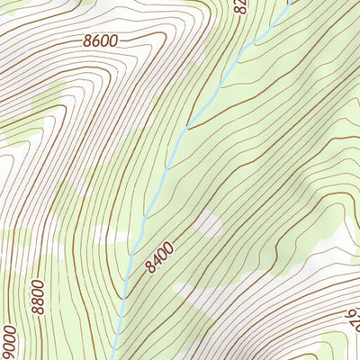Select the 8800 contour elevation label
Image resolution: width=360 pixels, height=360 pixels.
pyautogui.click(x=40, y=295)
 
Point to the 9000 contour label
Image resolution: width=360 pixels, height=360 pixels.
pyautogui.click(x=9, y=340)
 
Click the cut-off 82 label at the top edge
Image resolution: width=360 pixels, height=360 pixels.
pyautogui.click(x=240, y=7)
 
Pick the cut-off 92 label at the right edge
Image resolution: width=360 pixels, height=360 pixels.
pyautogui.click(x=352, y=315)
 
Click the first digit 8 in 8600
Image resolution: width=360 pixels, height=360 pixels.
pyautogui.click(x=86, y=40)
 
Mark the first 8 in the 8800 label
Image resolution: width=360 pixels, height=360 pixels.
pyautogui.click(x=40, y=309)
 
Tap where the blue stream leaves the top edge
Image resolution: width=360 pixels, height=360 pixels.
pyautogui.click(x=291, y=2)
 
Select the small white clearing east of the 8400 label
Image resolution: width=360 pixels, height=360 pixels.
pyautogui.click(x=208, y=223)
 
